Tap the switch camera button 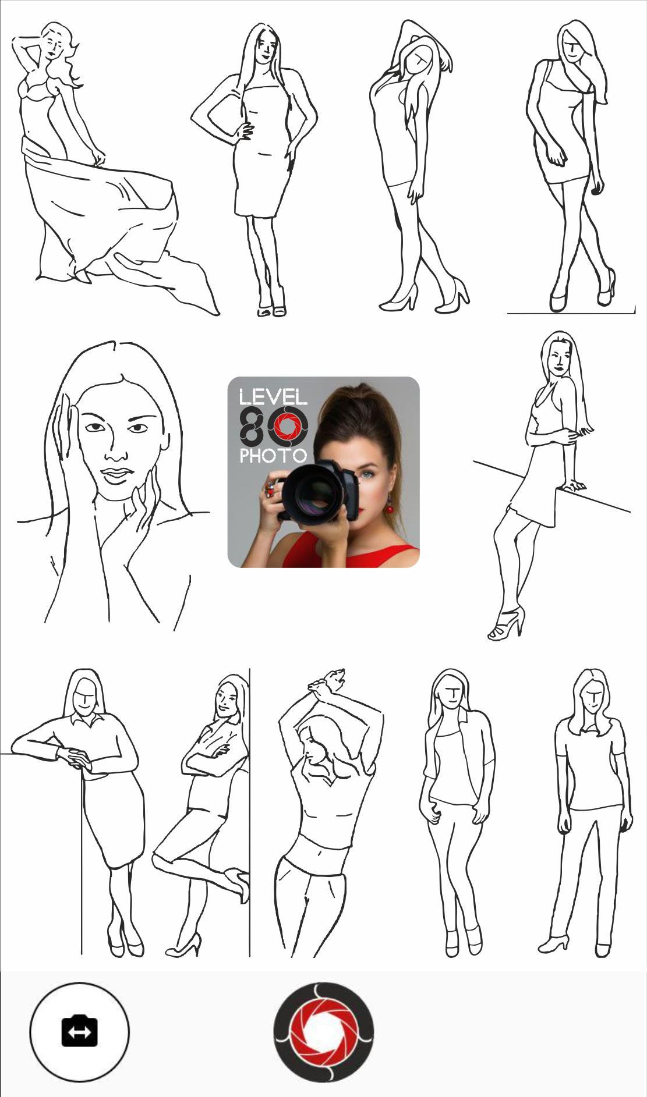coord(79,1031)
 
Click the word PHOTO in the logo coord(273,456)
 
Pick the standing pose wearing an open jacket coord(458,812)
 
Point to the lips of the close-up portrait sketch coord(116,475)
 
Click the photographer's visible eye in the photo coord(365,475)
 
